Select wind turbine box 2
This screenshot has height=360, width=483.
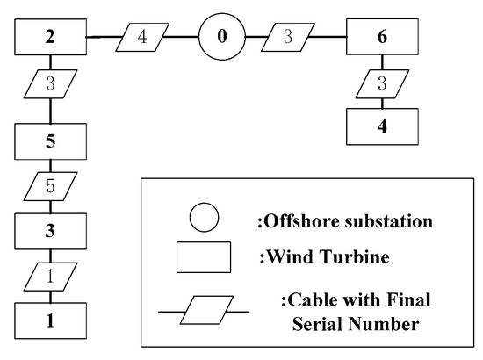(x=50, y=39)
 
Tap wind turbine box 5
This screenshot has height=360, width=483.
(x=50, y=139)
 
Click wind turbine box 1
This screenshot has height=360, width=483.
(x=50, y=320)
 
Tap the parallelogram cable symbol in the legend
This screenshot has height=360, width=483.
(x=204, y=310)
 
